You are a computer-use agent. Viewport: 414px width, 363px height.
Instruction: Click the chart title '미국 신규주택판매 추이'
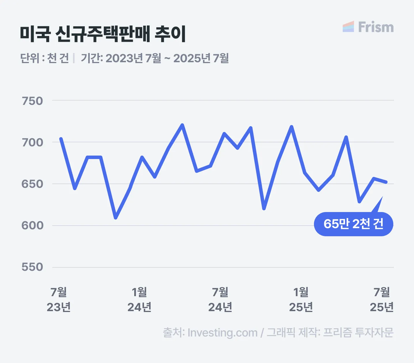coord(103,34)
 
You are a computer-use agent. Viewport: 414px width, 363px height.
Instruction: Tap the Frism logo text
coord(375,27)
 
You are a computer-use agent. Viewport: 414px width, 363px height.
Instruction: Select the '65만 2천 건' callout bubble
coord(353,224)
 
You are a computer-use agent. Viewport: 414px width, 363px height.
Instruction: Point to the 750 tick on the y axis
coord(32,101)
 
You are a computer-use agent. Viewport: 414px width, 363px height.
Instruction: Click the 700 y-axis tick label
coord(32,142)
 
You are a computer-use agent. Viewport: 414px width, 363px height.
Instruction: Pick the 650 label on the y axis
coord(32,184)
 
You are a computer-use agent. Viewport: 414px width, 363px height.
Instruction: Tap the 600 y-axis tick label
coord(32,225)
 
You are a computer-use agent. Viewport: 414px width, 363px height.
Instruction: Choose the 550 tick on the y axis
coord(32,267)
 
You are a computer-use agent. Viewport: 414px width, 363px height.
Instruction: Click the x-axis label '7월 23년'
coord(59,300)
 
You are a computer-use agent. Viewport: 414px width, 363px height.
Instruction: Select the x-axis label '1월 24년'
coord(139,300)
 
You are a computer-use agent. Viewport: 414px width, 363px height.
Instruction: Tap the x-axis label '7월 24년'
coord(220,300)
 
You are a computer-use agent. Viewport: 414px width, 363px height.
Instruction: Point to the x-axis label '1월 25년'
coord(301,300)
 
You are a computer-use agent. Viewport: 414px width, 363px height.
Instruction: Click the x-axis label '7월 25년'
coord(382,300)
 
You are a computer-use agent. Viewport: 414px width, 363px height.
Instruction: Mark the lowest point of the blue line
coord(116,218)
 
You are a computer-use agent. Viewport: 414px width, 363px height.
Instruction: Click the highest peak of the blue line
coord(182,125)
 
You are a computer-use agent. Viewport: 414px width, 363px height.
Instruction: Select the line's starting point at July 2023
coord(61,139)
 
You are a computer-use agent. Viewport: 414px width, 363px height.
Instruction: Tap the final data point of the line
coord(386,182)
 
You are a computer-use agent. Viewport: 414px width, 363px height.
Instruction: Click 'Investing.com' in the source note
coord(222,333)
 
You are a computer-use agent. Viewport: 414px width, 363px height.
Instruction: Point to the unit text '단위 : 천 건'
coord(45,58)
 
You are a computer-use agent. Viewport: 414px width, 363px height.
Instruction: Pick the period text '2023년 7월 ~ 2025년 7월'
coord(167,58)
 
